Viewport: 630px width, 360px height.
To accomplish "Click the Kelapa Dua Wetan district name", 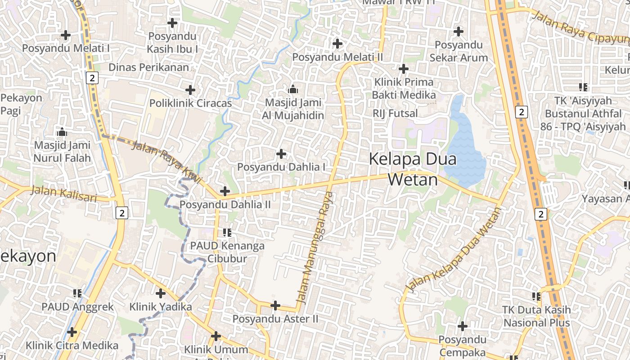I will tap(413, 169).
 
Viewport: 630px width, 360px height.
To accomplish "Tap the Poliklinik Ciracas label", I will tap(190, 103).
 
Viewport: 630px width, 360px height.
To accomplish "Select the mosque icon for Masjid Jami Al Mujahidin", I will tap(293, 89).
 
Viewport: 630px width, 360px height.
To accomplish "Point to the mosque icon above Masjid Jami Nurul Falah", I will tap(62, 132).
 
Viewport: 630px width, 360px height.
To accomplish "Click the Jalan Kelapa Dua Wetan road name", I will tap(453, 250).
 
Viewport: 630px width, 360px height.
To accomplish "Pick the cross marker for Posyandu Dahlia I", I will tap(281, 154).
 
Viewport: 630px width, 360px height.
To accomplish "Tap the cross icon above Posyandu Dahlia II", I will tap(225, 192).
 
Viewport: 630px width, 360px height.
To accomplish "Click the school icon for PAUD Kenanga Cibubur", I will tap(227, 233).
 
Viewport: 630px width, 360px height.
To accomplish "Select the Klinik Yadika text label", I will tap(161, 307).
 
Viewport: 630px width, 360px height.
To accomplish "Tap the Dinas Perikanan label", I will tap(149, 67).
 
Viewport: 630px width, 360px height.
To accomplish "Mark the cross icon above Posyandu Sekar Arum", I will tap(459, 31).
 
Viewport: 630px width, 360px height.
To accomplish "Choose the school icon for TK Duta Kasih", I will tap(536, 297).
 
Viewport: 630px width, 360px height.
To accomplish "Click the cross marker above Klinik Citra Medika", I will tap(72, 332).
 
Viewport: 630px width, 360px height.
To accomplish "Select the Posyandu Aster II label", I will tap(275, 319).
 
